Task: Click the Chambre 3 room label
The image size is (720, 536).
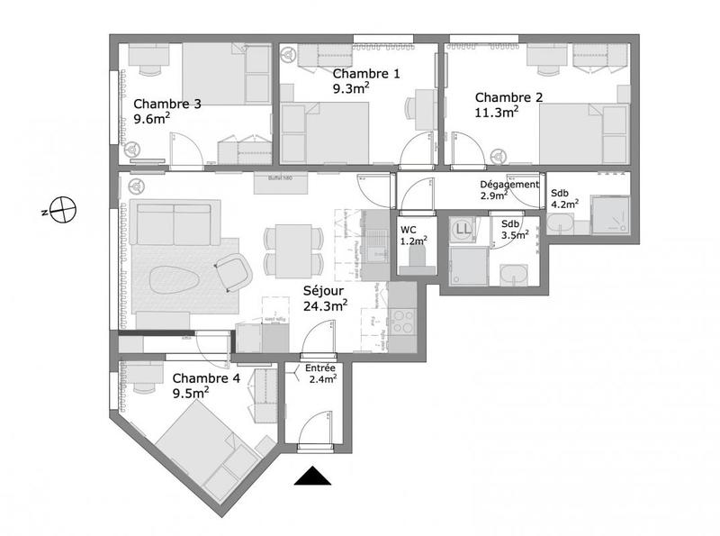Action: pos(166,104)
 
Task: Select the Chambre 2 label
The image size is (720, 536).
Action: pos(508,97)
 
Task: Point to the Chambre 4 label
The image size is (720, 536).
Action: pos(205,378)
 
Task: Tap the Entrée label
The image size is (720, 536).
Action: pos(320,369)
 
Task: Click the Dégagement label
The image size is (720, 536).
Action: pos(508,184)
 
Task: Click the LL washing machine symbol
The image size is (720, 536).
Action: pos(464,230)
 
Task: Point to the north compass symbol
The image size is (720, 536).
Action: pos(63,211)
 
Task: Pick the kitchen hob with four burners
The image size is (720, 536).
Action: pos(400,321)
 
